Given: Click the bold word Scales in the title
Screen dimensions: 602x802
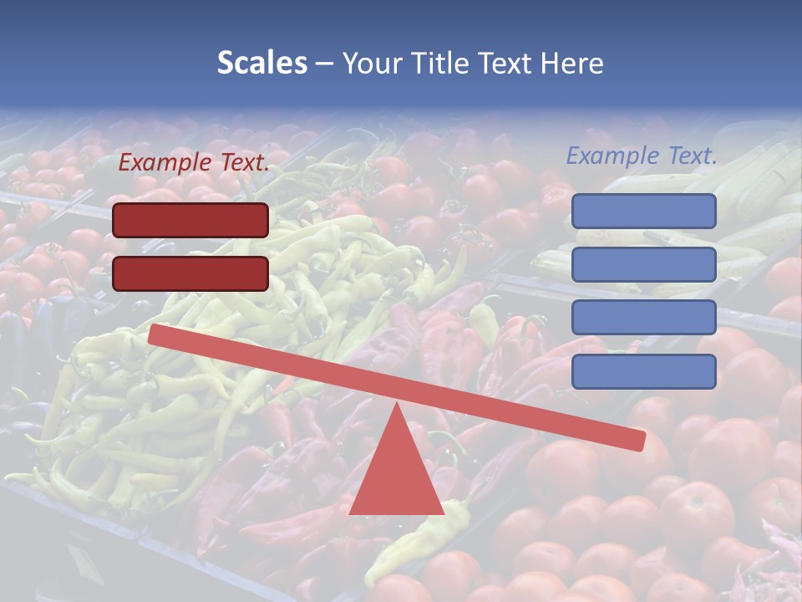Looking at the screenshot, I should coord(261,64).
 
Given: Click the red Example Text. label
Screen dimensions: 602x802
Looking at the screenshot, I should coord(194,163).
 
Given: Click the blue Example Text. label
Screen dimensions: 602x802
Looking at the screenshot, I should coord(642,156).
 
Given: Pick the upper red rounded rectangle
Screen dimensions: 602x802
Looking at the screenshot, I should coord(190,220).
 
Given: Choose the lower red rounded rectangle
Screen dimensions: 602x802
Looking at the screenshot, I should coord(190,273).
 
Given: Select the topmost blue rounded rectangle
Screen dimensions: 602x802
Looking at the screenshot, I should coord(643,211).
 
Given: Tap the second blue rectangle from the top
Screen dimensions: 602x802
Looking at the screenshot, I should coord(643,264).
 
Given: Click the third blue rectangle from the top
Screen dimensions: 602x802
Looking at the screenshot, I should coord(643,318).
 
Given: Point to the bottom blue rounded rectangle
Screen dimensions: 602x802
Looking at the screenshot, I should coord(643,371).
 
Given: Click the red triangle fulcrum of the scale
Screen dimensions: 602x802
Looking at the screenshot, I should coord(396,477).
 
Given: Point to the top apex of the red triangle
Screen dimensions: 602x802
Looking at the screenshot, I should coord(396,406).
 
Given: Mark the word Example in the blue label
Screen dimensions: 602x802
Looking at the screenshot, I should coord(613,156).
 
